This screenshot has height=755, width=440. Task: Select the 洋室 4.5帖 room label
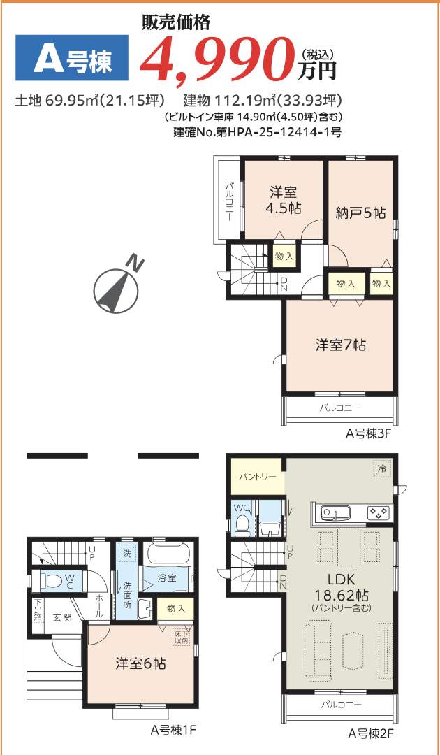tap(282, 200)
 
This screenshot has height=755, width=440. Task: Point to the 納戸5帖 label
tap(360, 213)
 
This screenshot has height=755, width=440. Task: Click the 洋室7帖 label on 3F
tap(340, 345)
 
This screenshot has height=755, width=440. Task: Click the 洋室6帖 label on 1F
tap(140, 663)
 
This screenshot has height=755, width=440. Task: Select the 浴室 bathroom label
tap(166, 578)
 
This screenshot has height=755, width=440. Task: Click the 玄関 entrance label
tap(62, 617)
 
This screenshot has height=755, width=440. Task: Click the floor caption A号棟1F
tap(173, 730)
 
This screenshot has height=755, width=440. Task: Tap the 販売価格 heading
tap(175, 23)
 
